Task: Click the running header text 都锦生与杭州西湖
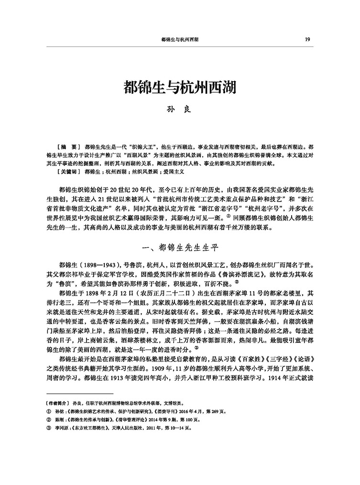click(180, 40)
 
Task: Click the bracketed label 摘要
click(66, 143)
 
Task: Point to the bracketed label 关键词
click(67, 170)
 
